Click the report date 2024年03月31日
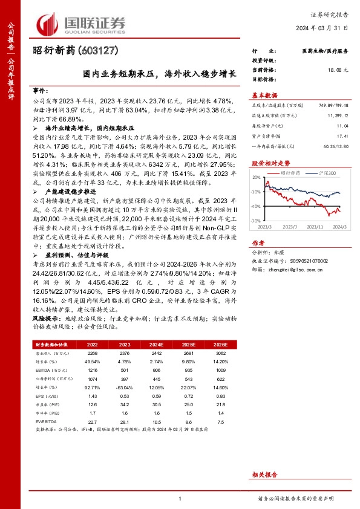(323, 28)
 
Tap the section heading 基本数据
(264, 95)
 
